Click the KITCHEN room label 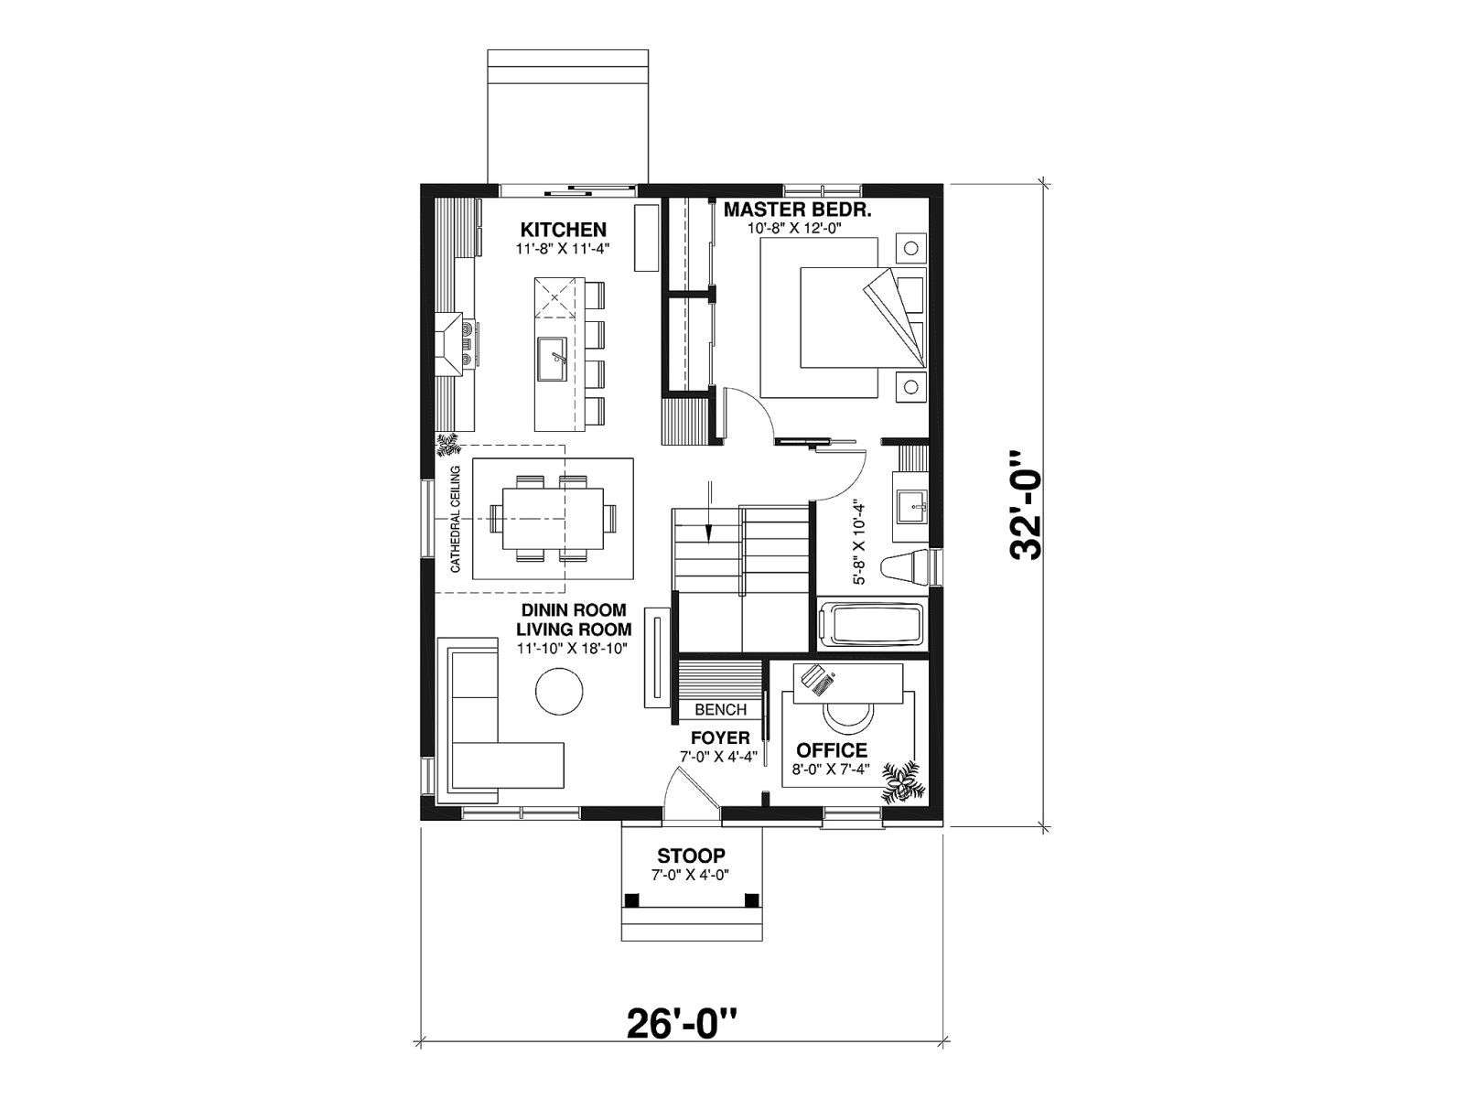[563, 230]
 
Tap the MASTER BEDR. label [798, 210]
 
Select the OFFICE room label [832, 750]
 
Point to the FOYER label [720, 738]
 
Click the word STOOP [691, 856]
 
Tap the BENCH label [720, 710]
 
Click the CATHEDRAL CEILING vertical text [456, 519]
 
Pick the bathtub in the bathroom [872, 625]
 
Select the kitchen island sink [552, 360]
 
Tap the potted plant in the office [903, 781]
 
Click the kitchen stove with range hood [456, 345]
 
